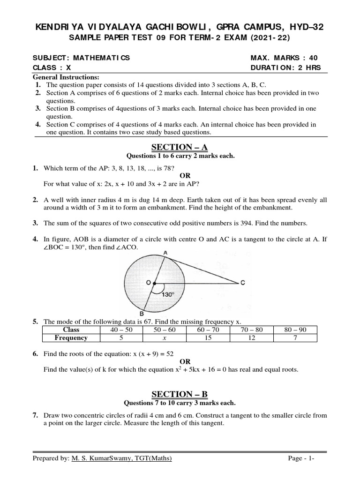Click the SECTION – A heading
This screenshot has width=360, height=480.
(x=180, y=147)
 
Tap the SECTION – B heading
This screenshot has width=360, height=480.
(x=180, y=394)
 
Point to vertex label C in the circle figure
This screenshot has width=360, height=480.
(x=242, y=283)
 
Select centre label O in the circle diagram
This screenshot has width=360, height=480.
(x=148, y=283)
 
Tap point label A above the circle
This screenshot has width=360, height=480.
(x=165, y=253)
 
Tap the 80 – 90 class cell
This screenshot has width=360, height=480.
(x=295, y=330)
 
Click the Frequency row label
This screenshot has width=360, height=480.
(x=71, y=337)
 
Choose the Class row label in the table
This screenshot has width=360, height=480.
(x=71, y=330)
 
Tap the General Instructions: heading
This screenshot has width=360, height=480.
(x=63, y=77)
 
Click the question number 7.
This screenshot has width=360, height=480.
(x=35, y=415)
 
